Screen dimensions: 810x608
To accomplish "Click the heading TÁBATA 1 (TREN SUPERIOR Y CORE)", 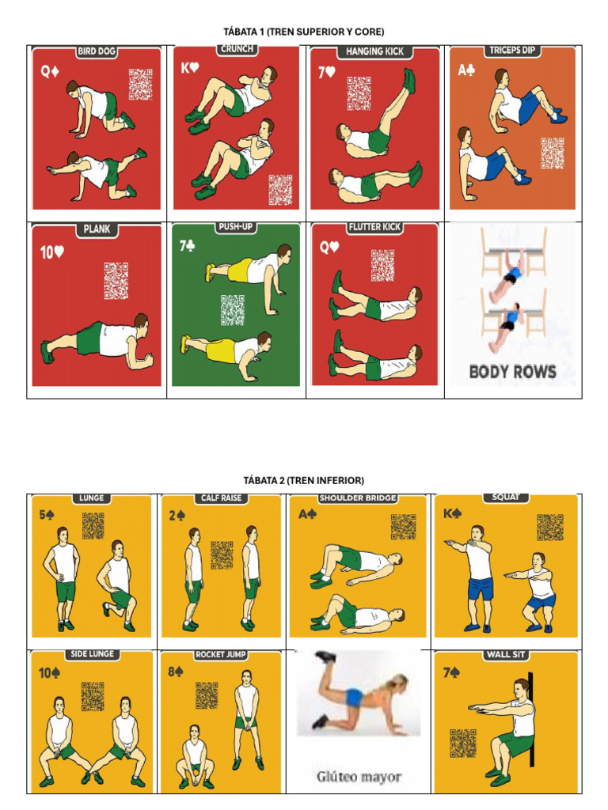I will pos(305,32).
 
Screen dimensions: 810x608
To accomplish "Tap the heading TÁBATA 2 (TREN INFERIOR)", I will pos(305,480).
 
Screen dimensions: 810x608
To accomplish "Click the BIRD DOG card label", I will pos(97,52).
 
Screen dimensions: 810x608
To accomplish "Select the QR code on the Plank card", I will pos(116,281).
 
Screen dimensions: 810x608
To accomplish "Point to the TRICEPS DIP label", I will pos(512,51).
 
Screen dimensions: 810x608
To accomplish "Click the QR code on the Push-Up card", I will pos(233,310).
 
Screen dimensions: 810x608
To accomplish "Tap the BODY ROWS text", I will pos(512,371).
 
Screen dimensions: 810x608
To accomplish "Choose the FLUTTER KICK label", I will pos(375,228).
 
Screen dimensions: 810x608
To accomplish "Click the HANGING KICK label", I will pos(374,51).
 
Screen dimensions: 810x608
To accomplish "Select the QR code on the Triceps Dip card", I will pos(553,153).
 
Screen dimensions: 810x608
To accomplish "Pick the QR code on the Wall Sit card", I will pos(463,743).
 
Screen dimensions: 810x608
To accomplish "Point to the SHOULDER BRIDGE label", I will pos(358,498).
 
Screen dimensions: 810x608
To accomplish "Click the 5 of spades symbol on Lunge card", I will pos(48,515).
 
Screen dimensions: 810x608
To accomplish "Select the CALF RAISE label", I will pos(222,498).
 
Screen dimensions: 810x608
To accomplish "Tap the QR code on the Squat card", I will pos(549,527).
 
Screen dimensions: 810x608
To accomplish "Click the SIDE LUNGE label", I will pos(92,654).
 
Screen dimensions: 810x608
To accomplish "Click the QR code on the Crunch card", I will pos(280,189).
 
